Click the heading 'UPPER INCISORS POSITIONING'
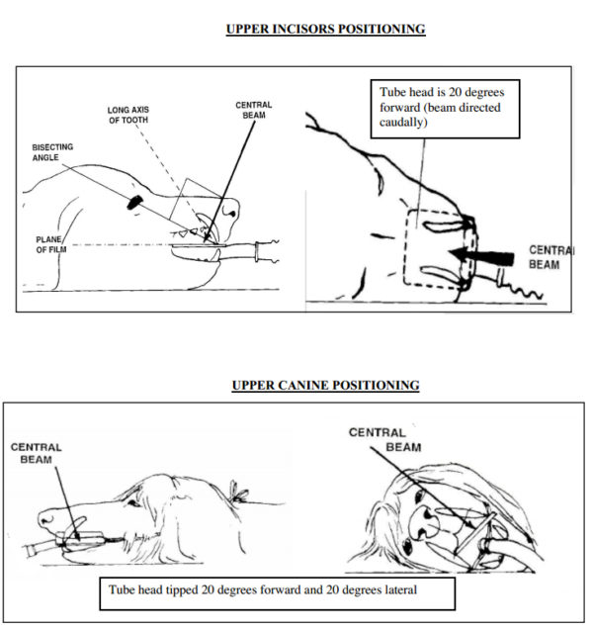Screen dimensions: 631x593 (325, 29)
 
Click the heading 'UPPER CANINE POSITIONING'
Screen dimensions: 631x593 (325, 385)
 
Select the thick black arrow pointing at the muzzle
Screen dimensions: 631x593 (475, 255)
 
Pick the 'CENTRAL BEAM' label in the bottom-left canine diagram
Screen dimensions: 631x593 (37, 453)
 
